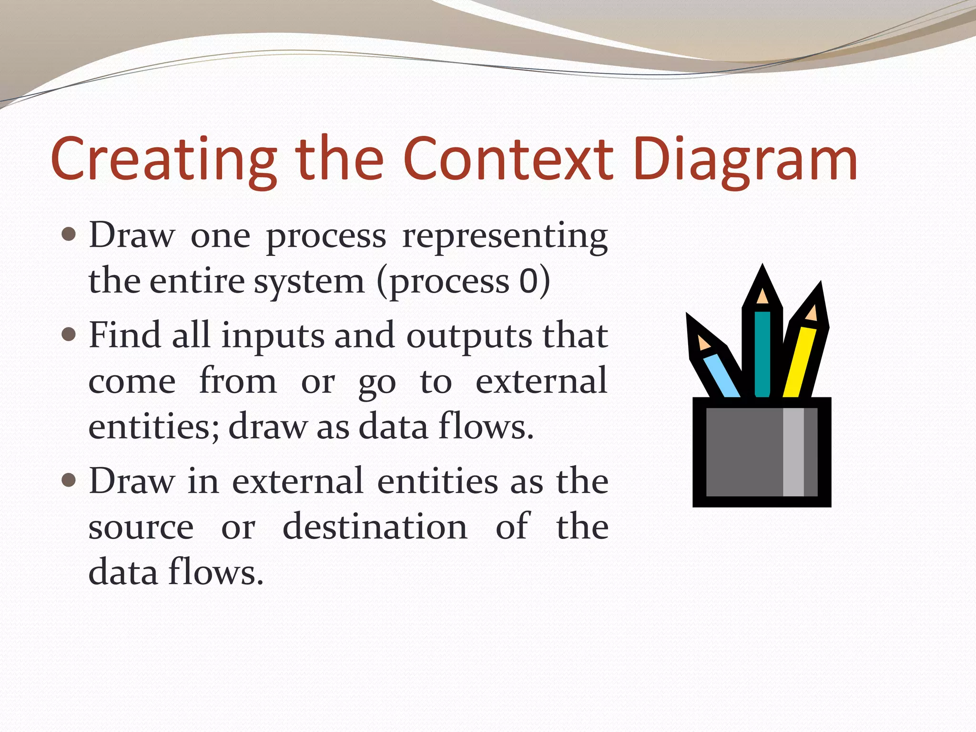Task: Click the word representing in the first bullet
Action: (x=505, y=237)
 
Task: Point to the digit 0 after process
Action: (x=529, y=281)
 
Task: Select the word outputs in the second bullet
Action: (x=469, y=336)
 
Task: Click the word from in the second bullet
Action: (x=238, y=381)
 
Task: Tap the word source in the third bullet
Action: (x=141, y=528)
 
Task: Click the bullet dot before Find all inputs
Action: (x=69, y=335)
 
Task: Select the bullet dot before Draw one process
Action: (x=69, y=234)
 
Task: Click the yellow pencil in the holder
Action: (x=800, y=362)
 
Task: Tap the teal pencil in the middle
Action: (x=762, y=353)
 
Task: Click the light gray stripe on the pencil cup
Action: (x=793, y=452)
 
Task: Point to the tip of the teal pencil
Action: (x=762, y=269)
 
